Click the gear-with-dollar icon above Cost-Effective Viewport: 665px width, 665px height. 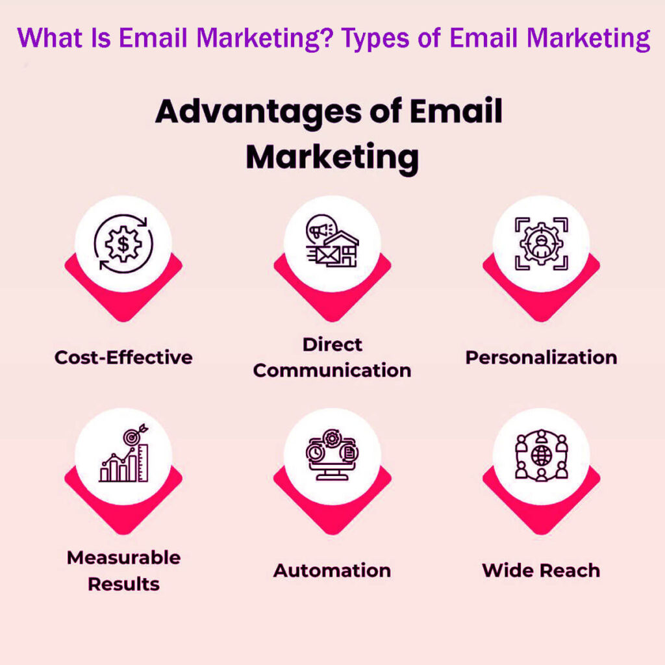(123, 244)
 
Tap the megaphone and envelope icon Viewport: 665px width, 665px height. (332, 242)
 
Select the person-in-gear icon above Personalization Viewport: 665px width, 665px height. (541, 244)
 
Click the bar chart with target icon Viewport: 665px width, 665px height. (123, 455)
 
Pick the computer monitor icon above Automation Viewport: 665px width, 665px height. (332, 455)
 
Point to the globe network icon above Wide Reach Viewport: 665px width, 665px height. (541, 455)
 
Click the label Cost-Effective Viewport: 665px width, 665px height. (123, 357)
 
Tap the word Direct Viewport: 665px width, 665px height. (332, 344)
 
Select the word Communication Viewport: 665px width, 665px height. (332, 371)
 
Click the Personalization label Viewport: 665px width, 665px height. (541, 357)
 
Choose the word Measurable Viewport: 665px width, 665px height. (123, 557)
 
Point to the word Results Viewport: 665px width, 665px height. (123, 584)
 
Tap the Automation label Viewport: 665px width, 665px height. (332, 570)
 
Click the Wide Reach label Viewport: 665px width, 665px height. (541, 570)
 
